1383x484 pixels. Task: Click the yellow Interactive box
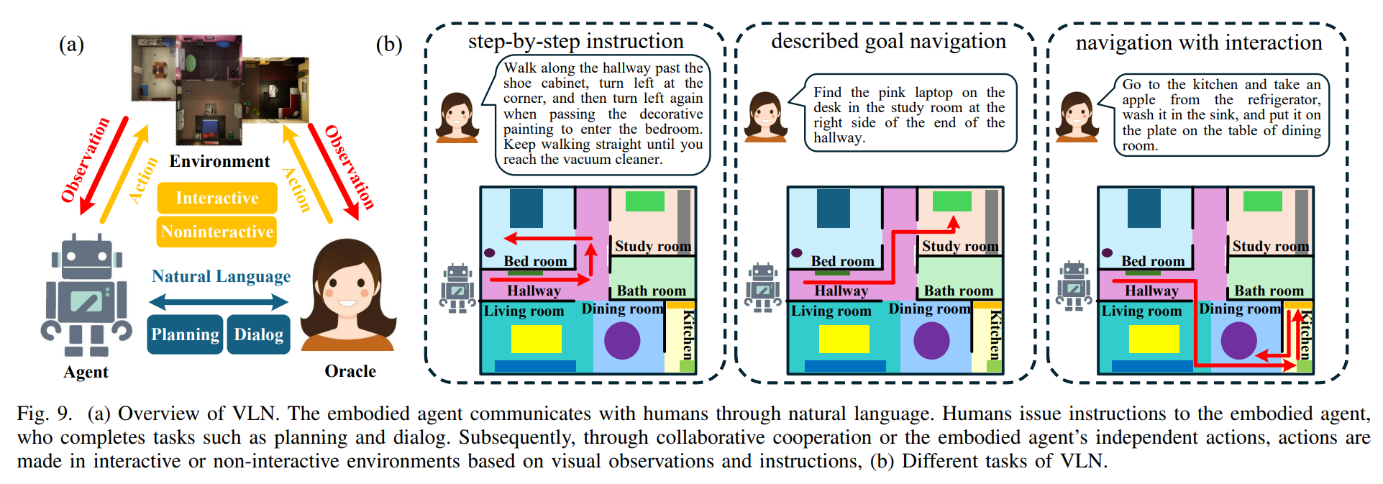[x=217, y=198]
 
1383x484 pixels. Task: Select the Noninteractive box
[x=217, y=232]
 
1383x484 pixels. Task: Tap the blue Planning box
[x=185, y=334]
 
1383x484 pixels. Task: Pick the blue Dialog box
[x=259, y=334]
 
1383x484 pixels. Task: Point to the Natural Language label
[x=221, y=276]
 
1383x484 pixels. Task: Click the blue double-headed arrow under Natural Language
[x=219, y=301]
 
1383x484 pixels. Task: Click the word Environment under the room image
[x=219, y=161]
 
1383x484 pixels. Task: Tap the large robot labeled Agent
[x=86, y=295]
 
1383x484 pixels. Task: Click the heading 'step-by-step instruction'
[x=576, y=42]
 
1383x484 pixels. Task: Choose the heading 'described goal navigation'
[x=888, y=42]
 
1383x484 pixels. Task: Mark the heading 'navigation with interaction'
[x=1199, y=43]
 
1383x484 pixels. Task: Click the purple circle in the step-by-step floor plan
[x=622, y=340]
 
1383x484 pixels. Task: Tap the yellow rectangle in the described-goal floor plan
[x=844, y=339]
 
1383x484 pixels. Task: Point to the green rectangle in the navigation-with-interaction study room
[x=1263, y=201]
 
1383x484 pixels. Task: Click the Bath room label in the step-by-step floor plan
[x=652, y=291]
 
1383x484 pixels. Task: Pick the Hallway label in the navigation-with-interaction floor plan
[x=1151, y=291]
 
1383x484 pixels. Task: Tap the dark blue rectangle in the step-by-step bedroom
[x=526, y=209]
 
